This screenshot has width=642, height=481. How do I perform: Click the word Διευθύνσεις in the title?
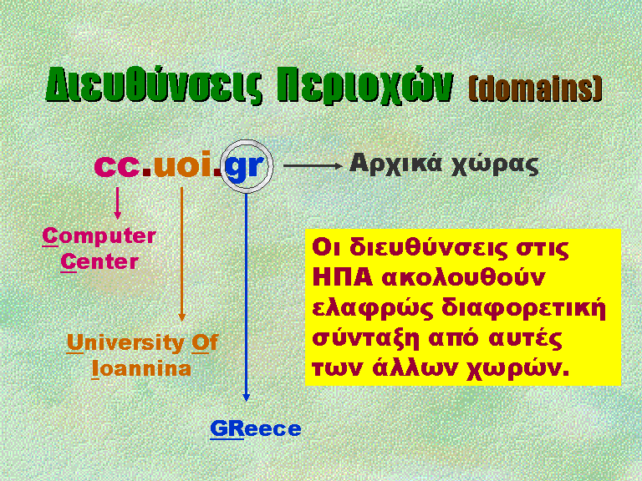coord(154,85)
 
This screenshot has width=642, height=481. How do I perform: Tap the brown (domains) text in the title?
coord(535,88)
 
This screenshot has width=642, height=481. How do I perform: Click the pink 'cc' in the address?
coord(117,165)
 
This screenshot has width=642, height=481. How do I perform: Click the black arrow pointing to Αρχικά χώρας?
coord(313,165)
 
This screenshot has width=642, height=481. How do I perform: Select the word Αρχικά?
coord(396,165)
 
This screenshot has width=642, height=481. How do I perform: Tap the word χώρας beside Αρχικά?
coord(495,165)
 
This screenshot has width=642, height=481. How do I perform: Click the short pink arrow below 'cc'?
coord(118,203)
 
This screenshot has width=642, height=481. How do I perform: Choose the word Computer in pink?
coord(99,236)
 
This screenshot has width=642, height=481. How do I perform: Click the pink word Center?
coord(99,261)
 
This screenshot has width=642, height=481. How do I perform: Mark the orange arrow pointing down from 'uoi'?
coord(181,254)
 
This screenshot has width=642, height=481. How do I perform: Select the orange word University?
coord(125,342)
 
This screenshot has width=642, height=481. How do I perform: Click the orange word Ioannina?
coord(141,368)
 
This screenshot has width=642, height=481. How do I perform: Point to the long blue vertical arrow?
coord(246,297)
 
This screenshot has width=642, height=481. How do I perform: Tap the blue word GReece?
coord(256,428)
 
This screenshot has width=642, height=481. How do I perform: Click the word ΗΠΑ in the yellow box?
coord(342,278)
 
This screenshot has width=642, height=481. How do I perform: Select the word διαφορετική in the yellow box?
coord(523,309)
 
